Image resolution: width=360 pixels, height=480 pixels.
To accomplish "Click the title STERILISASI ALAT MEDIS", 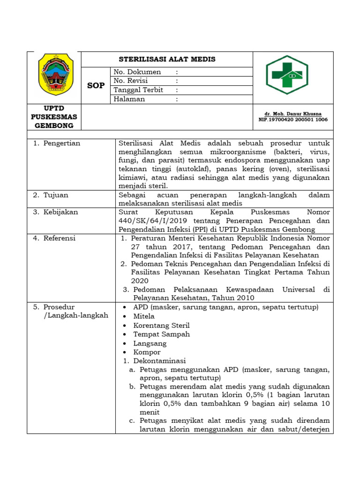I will click(167, 59).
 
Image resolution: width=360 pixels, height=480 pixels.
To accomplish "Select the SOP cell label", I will click(96, 86).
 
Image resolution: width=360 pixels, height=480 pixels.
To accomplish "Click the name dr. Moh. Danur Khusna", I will click(293, 114).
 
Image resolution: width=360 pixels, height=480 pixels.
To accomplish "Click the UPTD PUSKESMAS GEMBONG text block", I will click(54, 117).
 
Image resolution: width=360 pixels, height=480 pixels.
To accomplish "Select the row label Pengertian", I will click(62, 143).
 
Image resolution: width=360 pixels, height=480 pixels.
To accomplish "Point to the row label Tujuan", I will click(56, 195).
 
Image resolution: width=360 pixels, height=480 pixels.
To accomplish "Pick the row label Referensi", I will click(60, 238).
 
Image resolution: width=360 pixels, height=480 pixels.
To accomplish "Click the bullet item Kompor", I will click(147, 352).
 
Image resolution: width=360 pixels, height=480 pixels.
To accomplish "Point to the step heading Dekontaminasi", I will click(159, 361).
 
